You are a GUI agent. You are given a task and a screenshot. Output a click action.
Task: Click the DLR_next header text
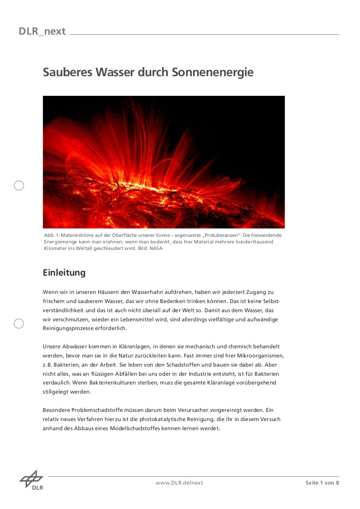(x=42, y=31)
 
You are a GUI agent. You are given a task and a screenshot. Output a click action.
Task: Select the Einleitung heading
(x=64, y=273)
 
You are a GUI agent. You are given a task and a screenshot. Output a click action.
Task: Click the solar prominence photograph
(x=163, y=162)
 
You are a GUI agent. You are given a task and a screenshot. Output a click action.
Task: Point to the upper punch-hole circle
(x=19, y=186)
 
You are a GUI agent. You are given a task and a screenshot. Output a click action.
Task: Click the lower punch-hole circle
(x=19, y=324)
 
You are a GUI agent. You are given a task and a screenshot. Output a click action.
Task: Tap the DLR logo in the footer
(x=31, y=480)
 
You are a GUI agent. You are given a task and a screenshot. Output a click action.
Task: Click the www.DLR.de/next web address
(x=179, y=483)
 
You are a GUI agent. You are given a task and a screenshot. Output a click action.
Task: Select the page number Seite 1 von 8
(x=322, y=483)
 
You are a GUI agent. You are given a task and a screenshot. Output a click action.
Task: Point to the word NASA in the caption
(x=156, y=249)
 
